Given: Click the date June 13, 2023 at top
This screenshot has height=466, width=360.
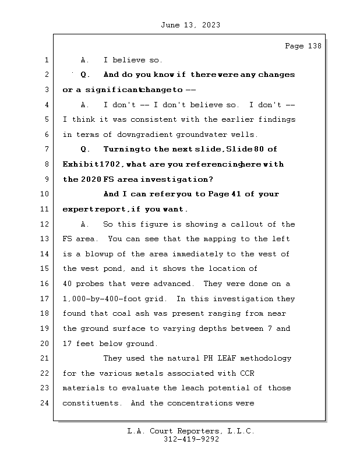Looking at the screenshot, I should tap(189, 25).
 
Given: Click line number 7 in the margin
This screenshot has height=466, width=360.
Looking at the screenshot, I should tap(47, 150).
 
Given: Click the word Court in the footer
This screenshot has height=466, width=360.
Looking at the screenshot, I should tap(170, 431).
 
